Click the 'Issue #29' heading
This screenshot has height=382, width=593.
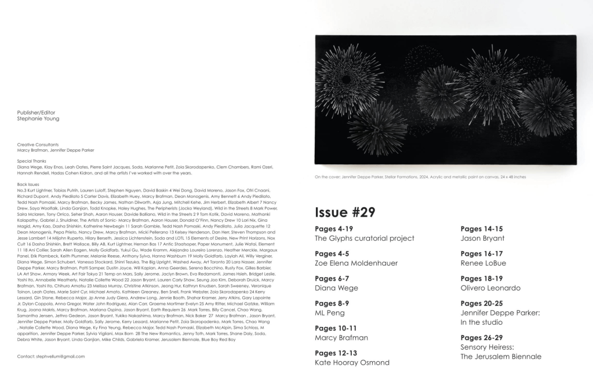tap(345, 212)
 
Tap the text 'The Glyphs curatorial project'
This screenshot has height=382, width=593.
tap(364, 238)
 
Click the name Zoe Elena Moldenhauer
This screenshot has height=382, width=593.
tap(356, 263)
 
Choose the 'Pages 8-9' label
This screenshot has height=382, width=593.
tap(332, 303)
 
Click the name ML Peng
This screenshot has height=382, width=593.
tap(329, 313)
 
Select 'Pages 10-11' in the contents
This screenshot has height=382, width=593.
tap(336, 328)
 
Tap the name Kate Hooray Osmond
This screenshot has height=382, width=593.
tap(352, 362)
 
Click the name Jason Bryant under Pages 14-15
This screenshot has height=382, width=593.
tap(482, 238)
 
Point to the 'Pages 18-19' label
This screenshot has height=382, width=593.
tap(482, 278)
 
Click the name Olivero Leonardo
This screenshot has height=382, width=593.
tap(490, 288)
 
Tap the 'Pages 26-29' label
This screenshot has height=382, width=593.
tap(482, 337)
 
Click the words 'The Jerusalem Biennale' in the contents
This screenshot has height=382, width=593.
tap(501, 357)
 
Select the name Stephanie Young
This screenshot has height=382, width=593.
tap(38, 119)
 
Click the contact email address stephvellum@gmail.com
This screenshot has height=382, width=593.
tap(51, 356)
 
